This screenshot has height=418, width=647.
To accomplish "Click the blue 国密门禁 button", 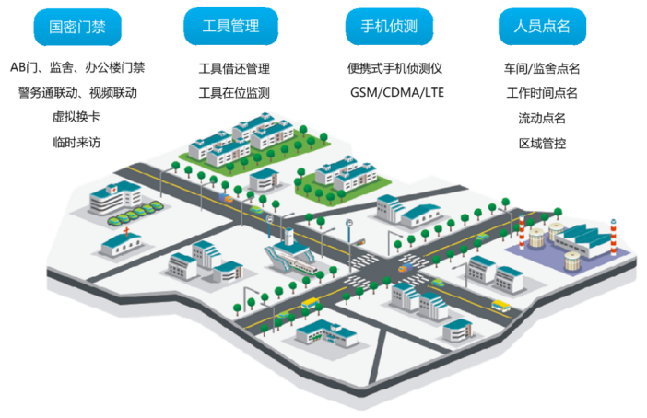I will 77,27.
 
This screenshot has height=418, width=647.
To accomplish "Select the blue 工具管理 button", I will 229,27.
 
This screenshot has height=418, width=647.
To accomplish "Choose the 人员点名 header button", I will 541,27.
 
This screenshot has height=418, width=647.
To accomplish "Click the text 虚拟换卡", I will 76,117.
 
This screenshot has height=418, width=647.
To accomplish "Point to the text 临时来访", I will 76,142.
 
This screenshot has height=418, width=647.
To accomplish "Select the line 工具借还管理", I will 234,68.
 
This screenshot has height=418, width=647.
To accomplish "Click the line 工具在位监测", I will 234,93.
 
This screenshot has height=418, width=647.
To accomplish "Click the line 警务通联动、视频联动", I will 76,92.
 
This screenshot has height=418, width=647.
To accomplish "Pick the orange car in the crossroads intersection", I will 393,268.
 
